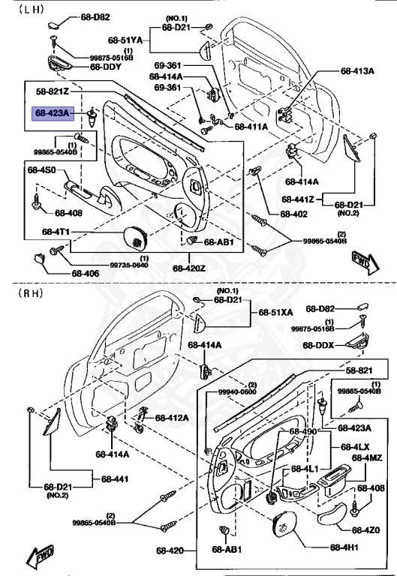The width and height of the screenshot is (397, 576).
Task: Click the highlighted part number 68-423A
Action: [53, 113]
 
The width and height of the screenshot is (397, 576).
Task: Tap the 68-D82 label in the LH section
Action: [95, 17]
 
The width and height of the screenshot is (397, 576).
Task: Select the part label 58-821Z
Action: [53, 91]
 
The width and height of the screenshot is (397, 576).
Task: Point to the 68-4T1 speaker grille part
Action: [136, 238]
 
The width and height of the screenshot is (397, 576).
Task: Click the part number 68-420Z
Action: [189, 268]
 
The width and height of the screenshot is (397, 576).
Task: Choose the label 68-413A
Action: [357, 71]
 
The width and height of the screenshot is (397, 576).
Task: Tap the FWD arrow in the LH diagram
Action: [365, 262]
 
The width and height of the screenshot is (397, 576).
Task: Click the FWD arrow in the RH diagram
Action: [41, 556]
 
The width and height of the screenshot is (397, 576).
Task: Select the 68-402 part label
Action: [293, 214]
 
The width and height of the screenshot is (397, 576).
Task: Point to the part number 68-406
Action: [86, 273]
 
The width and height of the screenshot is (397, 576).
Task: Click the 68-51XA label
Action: [275, 312]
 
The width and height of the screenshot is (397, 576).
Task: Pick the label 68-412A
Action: [172, 418]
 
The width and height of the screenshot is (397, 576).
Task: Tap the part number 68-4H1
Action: [344, 547]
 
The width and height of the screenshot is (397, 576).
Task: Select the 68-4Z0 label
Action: [365, 529]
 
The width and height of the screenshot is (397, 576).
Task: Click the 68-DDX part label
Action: [318, 345]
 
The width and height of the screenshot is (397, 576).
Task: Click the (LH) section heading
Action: [32, 10]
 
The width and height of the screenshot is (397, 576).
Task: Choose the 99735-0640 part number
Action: [129, 265]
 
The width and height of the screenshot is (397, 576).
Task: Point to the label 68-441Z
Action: [298, 199]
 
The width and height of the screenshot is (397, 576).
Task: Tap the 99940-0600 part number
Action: [237, 392]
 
